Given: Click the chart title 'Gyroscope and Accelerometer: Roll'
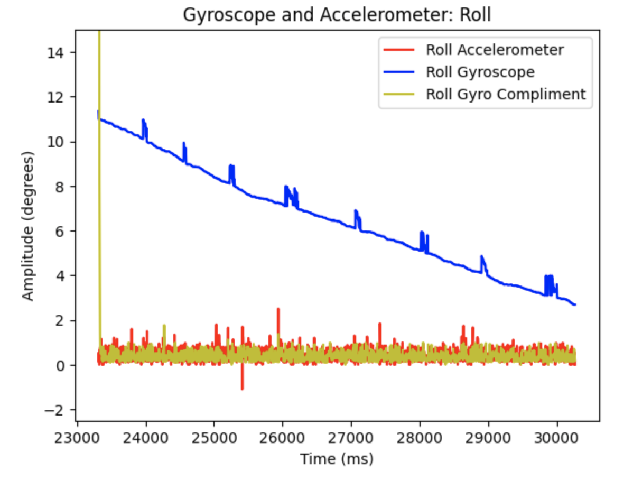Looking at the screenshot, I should [x=337, y=15].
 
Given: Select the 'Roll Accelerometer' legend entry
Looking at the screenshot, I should [x=495, y=50].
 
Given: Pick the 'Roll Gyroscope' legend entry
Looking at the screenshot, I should [x=480, y=72].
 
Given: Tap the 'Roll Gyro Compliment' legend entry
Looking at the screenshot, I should [x=506, y=94].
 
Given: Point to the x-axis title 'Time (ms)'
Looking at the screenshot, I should [x=337, y=459].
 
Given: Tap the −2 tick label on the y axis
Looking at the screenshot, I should [x=53, y=410].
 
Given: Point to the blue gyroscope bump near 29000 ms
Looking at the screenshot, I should [x=482, y=259].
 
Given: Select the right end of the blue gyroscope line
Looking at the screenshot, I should [x=574, y=304].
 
